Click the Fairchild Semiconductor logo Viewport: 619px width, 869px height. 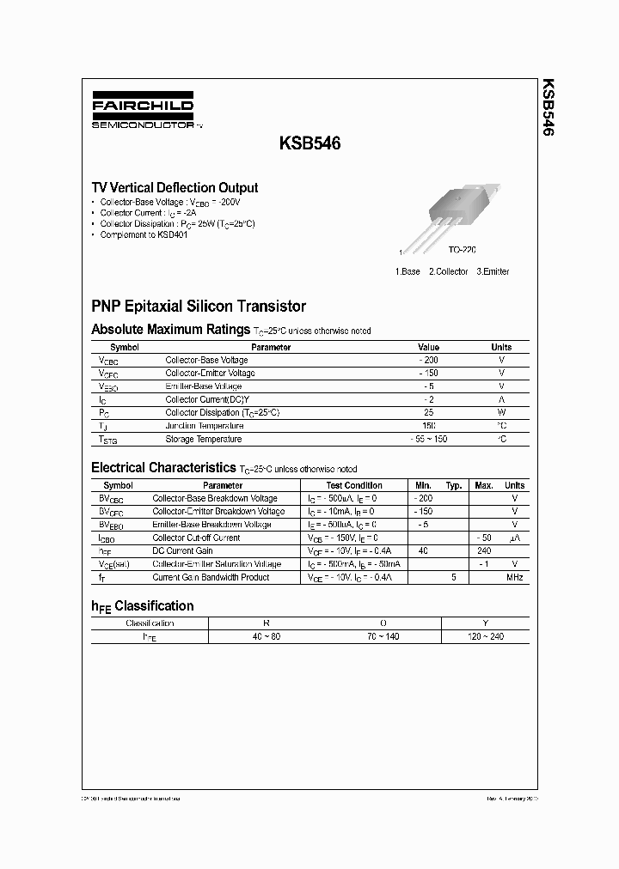coord(143,112)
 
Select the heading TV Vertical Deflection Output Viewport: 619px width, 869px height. coord(175,187)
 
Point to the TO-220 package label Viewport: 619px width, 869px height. coord(461,250)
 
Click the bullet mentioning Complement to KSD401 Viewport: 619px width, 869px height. coord(143,234)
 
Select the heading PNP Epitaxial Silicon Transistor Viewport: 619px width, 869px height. coord(199,306)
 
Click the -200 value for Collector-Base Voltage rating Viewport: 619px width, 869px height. coord(428,361)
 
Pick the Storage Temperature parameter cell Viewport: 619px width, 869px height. coord(204,440)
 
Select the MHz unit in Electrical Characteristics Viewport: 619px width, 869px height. coord(514,578)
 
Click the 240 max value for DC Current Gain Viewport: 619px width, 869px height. coord(484,551)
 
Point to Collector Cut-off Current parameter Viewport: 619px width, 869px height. coord(196,538)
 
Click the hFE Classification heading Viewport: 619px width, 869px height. coord(142,605)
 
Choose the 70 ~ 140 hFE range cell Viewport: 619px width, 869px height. coord(383,636)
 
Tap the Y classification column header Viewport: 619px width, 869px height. coord(485,623)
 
